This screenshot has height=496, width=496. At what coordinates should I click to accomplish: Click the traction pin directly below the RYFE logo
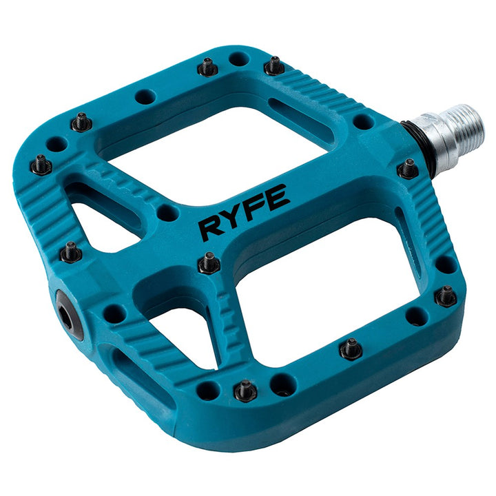(x=209, y=262)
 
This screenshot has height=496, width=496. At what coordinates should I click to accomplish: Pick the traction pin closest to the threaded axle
(x=409, y=168)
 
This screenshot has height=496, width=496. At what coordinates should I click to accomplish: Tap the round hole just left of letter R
(x=167, y=213)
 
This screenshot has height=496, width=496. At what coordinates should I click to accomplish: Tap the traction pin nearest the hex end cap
(x=71, y=252)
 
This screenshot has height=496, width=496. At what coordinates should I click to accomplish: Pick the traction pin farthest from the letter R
(x=445, y=296)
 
